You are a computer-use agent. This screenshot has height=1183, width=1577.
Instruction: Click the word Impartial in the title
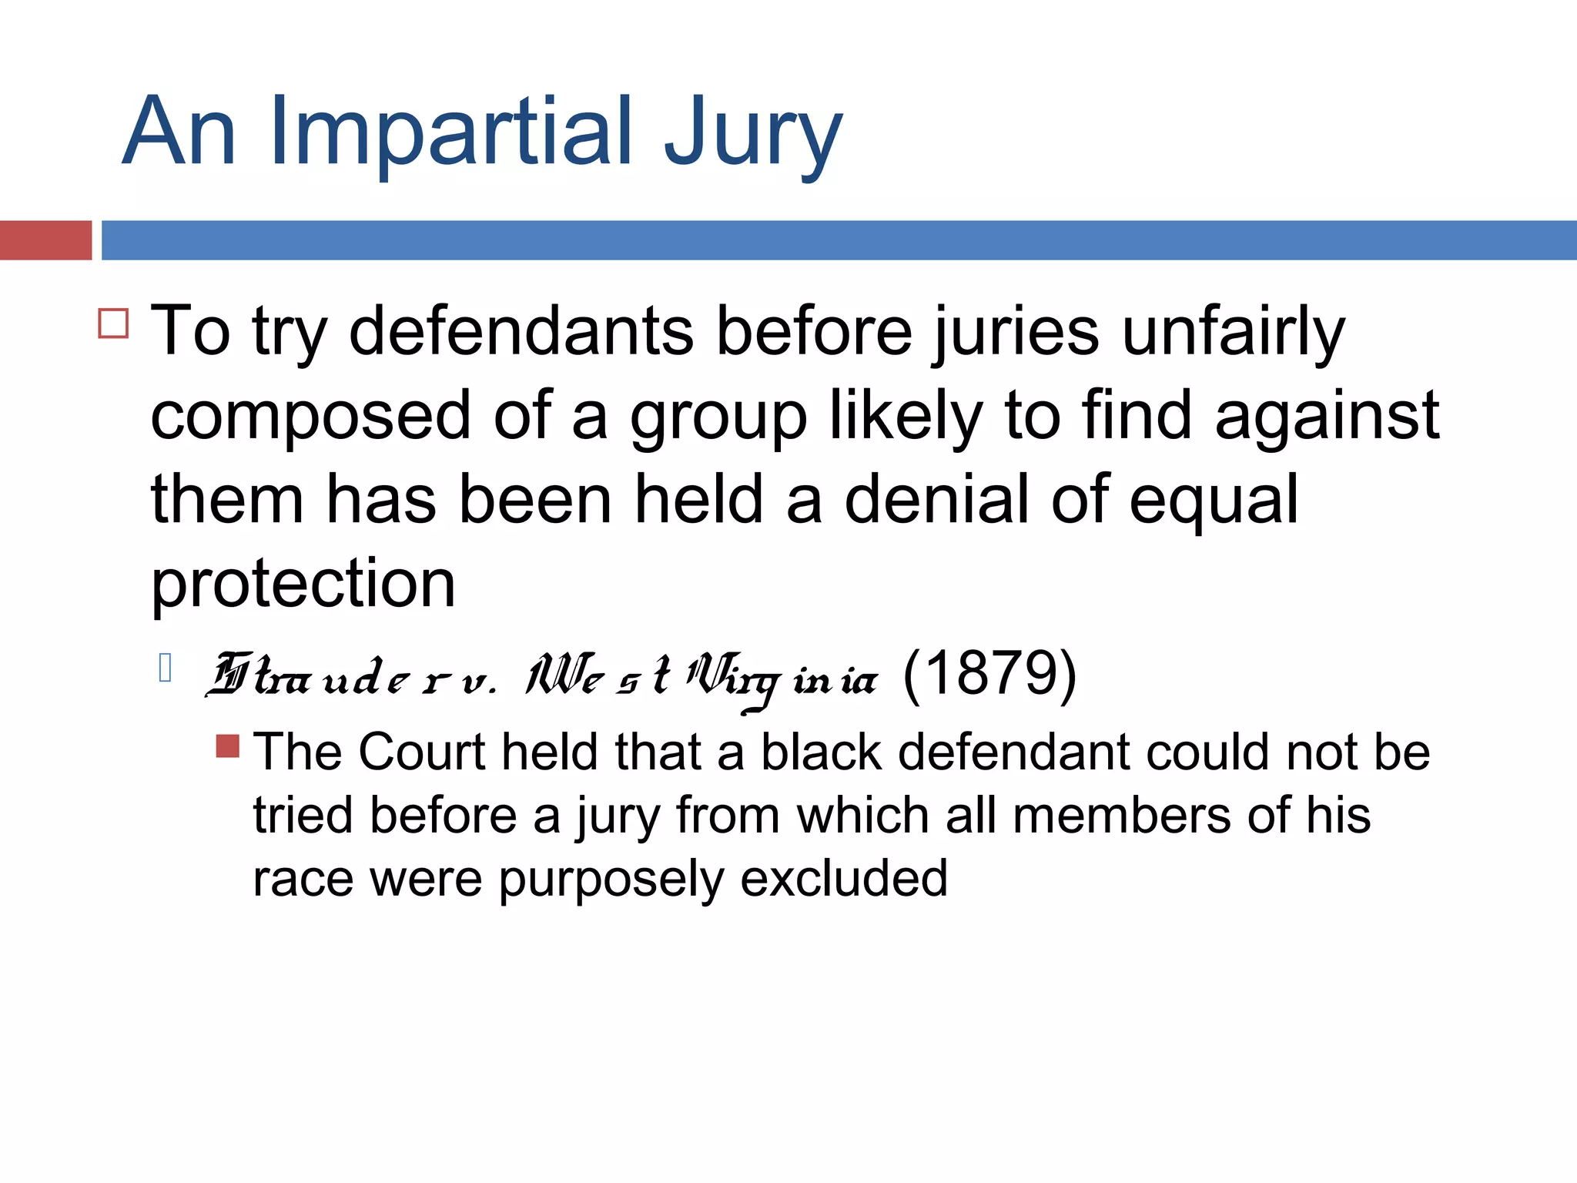tap(451, 131)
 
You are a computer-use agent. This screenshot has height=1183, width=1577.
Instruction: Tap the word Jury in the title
tap(752, 135)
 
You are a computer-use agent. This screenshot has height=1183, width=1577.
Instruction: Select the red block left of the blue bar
tap(45, 240)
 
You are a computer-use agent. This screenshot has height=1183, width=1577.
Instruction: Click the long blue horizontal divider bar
tap(839, 240)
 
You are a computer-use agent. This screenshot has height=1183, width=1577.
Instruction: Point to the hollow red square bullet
tap(113, 323)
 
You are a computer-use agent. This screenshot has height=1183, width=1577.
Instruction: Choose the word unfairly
tap(1233, 333)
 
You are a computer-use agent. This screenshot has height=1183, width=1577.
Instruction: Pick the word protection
tap(303, 584)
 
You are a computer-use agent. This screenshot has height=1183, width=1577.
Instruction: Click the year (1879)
tap(989, 675)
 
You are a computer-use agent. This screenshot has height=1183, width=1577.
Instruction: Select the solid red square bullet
tap(228, 746)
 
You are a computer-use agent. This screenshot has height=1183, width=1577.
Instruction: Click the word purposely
tap(611, 880)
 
